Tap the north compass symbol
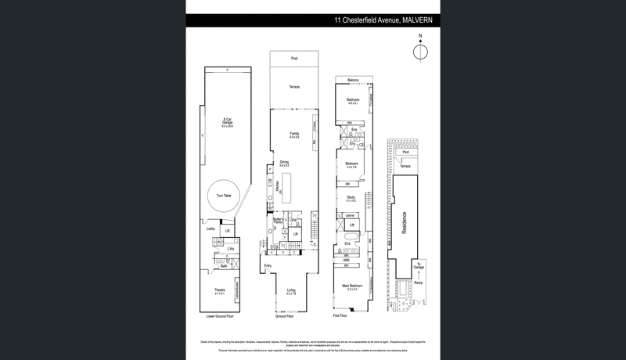pyautogui.click(x=421, y=52)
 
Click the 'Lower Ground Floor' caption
pyautogui.click(x=220, y=316)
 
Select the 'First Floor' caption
pyautogui.click(x=341, y=316)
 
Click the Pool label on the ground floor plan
pyautogui.click(x=294, y=59)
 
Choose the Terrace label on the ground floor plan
pyautogui.click(x=294, y=87)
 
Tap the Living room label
pyautogui.click(x=291, y=292)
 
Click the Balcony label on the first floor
pyautogui.click(x=353, y=81)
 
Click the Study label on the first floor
pyautogui.click(x=351, y=198)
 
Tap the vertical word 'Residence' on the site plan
pyautogui.click(x=405, y=225)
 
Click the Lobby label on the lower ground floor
pyautogui.click(x=210, y=229)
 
